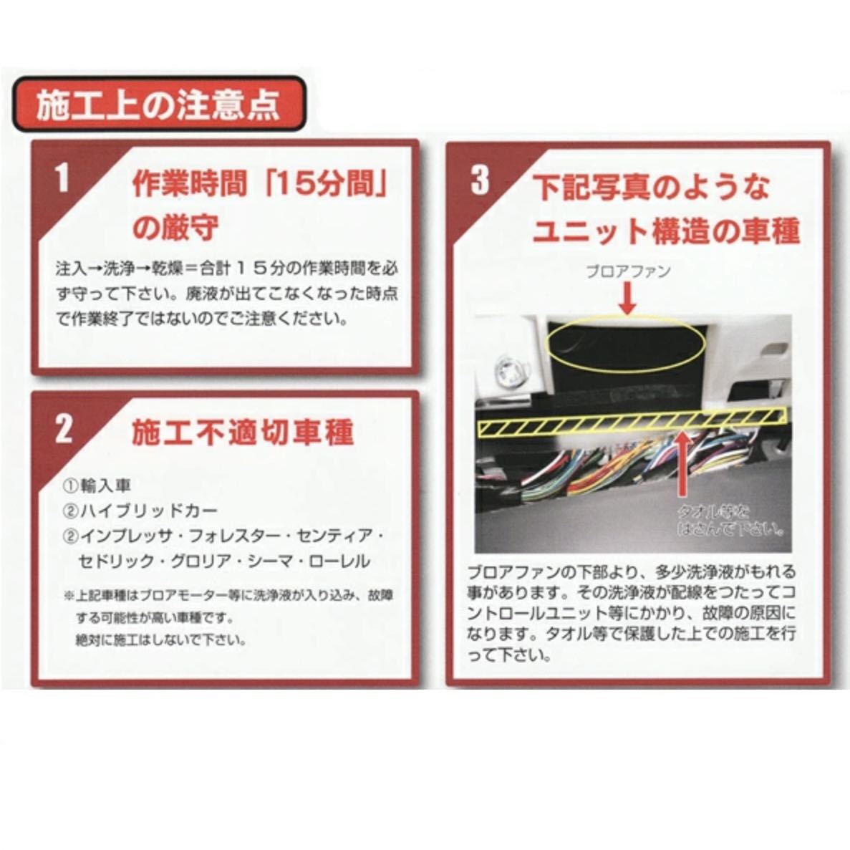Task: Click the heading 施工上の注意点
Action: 158,106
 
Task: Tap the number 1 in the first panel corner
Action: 63,178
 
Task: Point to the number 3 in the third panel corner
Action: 479,180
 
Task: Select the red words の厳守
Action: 175,229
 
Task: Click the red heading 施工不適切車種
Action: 243,433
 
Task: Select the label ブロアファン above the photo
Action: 628,271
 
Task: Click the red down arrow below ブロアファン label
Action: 627,299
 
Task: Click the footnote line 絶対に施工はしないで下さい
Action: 161,639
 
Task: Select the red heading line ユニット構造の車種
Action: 667,231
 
